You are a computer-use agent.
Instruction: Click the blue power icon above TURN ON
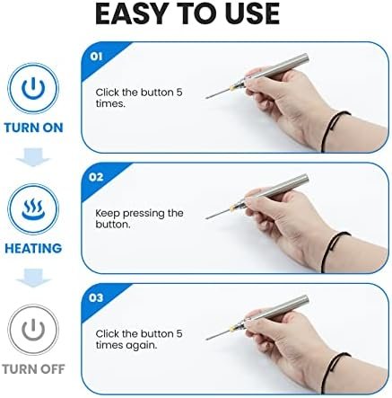(33, 88)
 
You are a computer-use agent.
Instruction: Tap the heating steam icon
(33, 209)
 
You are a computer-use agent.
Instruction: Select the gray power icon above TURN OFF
(33, 330)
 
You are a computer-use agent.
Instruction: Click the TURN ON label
(33, 128)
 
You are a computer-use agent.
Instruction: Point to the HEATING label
(33, 249)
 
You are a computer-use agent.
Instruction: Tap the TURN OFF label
(33, 369)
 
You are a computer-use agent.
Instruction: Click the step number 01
(96, 57)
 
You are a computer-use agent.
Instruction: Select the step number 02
(96, 177)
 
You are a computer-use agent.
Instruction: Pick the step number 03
(96, 297)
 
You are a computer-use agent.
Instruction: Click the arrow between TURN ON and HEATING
(33, 157)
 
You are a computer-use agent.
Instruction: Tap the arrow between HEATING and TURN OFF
(33, 278)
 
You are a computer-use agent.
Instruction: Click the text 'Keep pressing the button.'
(139, 218)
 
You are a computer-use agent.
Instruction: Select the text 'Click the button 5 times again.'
(139, 340)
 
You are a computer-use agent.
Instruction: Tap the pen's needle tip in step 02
(206, 218)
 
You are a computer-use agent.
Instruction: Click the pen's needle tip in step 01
(206, 98)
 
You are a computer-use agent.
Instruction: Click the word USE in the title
(252, 13)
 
